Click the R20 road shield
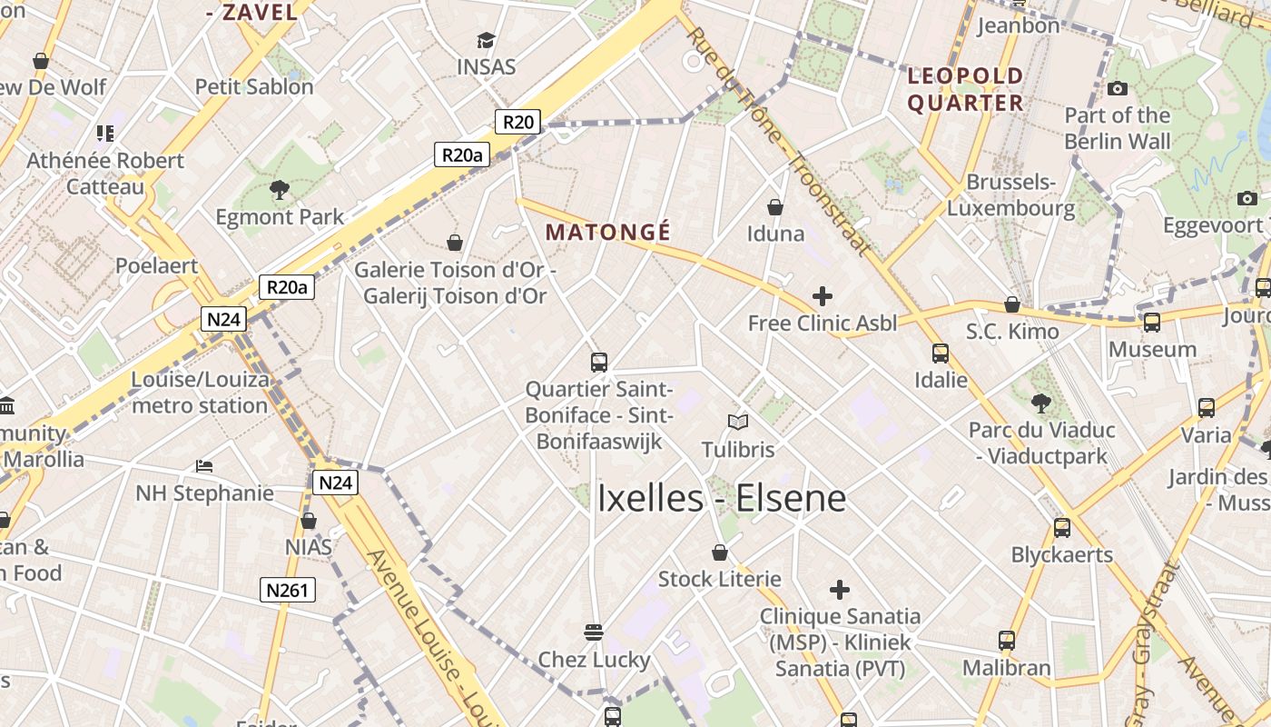(x=517, y=122)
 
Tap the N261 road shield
(x=288, y=590)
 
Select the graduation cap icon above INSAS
(x=486, y=41)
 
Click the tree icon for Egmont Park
(x=279, y=190)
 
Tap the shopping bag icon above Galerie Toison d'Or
(x=455, y=243)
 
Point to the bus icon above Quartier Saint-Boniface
(x=598, y=363)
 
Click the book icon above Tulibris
(x=738, y=423)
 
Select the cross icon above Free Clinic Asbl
(x=822, y=296)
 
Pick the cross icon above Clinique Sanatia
(x=840, y=590)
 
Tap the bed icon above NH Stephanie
(x=204, y=466)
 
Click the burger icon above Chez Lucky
(x=594, y=632)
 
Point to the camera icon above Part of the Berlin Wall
(x=1118, y=88)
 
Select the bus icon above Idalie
(x=941, y=354)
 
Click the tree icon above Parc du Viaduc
(x=1040, y=403)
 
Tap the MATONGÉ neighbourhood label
(x=608, y=233)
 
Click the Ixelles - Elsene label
(x=721, y=498)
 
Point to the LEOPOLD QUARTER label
(x=966, y=89)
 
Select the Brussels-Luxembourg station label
(x=1010, y=195)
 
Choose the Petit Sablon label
(x=254, y=87)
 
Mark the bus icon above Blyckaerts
(x=1061, y=528)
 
